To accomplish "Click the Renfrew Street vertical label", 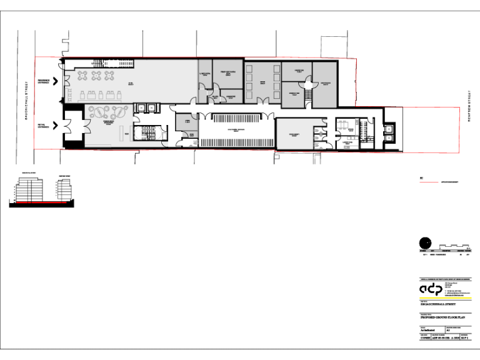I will click(468, 106).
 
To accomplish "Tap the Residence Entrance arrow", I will click(56, 81).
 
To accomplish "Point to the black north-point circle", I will click(425, 243).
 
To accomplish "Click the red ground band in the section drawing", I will click(41, 203).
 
